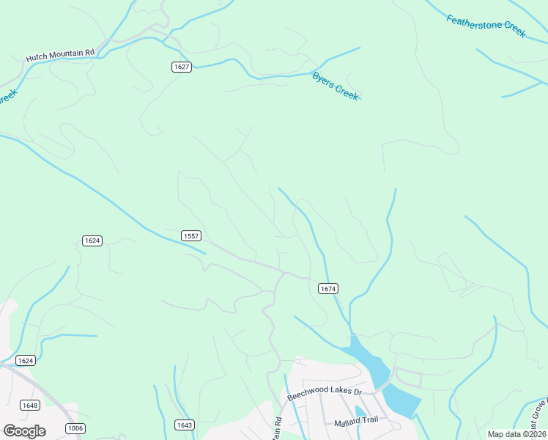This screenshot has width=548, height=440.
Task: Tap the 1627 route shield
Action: click(x=182, y=67)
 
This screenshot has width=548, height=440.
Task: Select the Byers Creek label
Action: click(x=336, y=85)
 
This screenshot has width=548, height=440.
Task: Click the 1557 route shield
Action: click(x=191, y=235)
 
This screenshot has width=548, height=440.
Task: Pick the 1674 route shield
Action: click(x=328, y=289)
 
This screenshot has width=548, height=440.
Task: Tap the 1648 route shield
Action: click(x=30, y=406)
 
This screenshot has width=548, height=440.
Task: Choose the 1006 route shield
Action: click(x=74, y=428)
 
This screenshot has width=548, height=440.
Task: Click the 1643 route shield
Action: click(x=185, y=425)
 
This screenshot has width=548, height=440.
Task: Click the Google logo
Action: click(x=24, y=430)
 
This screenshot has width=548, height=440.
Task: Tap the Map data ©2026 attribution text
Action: click(x=516, y=434)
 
